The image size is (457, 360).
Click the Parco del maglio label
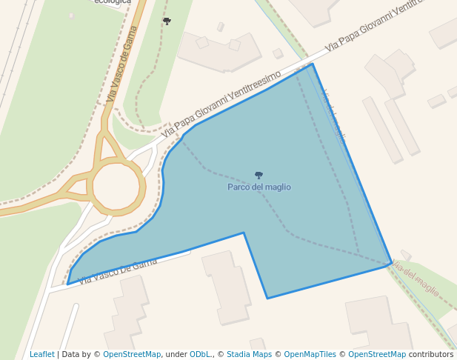point(258,187)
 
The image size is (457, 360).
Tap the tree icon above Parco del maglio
point(258,176)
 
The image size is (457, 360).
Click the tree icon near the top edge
point(167,21)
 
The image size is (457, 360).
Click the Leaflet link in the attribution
point(41,354)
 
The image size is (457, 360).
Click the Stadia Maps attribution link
point(250,354)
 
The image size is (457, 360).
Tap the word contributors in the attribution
point(431,354)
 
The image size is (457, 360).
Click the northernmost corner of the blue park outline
point(313,64)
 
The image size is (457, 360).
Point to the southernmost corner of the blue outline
point(267,299)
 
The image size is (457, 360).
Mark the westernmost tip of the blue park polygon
point(67,284)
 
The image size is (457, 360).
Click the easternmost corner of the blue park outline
point(392,263)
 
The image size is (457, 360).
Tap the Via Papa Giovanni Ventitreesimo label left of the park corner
point(221,104)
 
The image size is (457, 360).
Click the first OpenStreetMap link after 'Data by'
point(132,354)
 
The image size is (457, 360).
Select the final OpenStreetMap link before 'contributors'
point(376,354)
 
